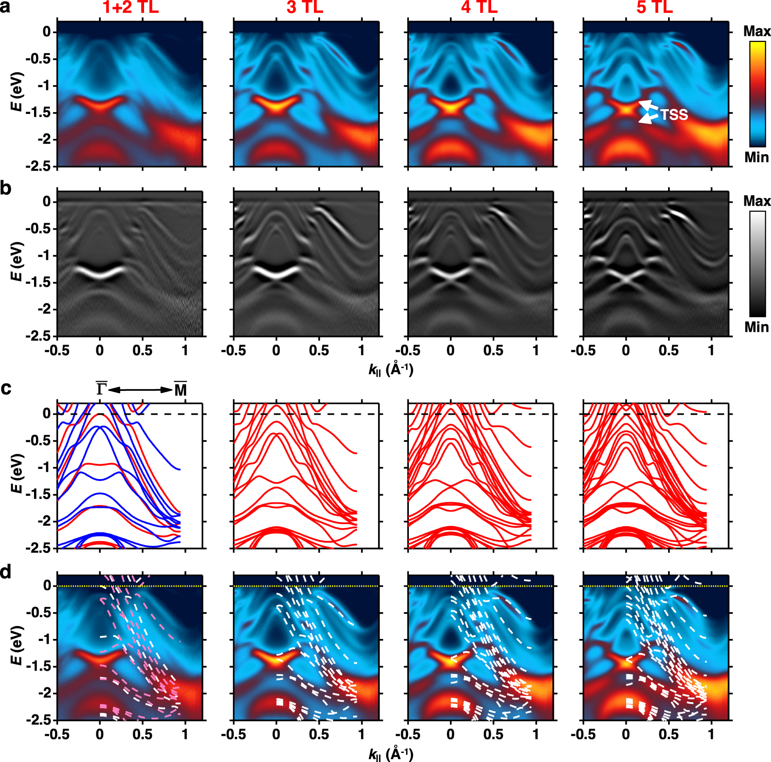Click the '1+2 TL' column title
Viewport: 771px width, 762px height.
pyautogui.click(x=131, y=7)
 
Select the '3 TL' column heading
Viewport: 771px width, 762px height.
pyautogui.click(x=304, y=7)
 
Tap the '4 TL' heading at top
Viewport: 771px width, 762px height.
pyautogui.click(x=479, y=7)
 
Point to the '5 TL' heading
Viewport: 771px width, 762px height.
pyautogui.click(x=655, y=7)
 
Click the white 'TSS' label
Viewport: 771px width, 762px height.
pyautogui.click(x=674, y=115)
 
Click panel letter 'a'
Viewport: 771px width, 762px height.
pyautogui.click(x=5, y=7)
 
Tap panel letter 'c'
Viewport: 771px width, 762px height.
pyautogui.click(x=6, y=388)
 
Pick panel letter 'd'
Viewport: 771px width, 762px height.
pyautogui.click(x=6, y=572)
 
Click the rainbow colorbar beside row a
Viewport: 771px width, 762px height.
pyautogui.click(x=757, y=94)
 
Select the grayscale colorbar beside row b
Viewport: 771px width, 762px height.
pyautogui.click(x=757, y=264)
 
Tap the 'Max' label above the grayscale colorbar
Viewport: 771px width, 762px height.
pyautogui.click(x=757, y=201)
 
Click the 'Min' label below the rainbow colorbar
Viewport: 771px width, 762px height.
pyautogui.click(x=756, y=157)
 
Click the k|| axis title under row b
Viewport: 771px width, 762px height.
pyautogui.click(x=391, y=370)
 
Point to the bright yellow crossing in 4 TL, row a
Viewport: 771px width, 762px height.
pyautogui.click(x=450, y=107)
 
